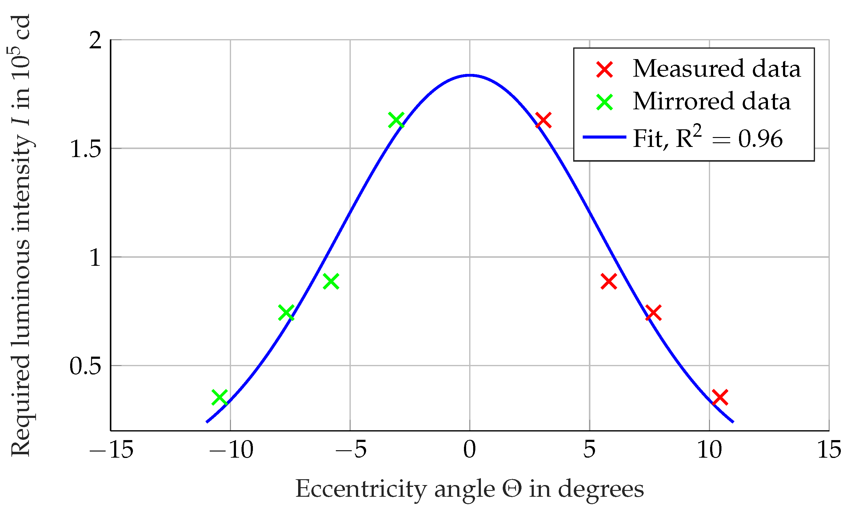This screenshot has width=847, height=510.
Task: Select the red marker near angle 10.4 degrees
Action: coord(720,397)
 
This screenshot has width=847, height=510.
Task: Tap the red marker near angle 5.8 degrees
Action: coord(609,281)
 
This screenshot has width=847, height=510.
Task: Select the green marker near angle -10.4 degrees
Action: coord(220,397)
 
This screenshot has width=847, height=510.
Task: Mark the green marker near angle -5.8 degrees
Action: coord(331,281)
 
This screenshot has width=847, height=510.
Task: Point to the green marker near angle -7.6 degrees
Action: coord(286,313)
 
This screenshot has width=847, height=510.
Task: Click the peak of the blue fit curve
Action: coord(470,75)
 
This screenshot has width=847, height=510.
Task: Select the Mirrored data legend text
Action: coord(711,101)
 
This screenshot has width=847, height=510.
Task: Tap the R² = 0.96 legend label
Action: coord(729,138)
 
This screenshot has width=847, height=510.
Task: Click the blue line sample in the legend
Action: coord(605,137)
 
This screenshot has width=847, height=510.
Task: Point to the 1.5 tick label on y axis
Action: coord(86,149)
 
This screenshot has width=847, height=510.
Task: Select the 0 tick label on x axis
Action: coord(470,450)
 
